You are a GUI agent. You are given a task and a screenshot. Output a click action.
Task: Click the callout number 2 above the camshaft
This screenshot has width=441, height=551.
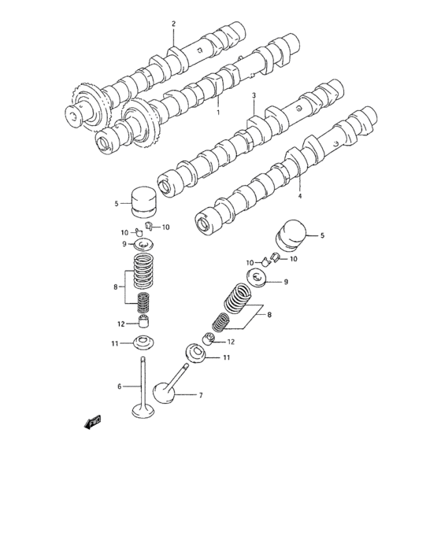click(x=174, y=24)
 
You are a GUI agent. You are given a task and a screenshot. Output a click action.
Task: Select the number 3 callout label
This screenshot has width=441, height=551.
click(x=254, y=96)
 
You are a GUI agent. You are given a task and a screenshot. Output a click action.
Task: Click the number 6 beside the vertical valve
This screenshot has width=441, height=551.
click(x=120, y=387)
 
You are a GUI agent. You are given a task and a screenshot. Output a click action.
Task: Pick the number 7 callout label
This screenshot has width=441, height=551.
click(x=200, y=394)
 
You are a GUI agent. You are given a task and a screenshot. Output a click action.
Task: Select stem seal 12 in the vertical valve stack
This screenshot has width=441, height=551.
click(x=143, y=322)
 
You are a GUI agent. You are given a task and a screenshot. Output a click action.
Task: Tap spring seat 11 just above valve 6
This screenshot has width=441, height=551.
click(x=143, y=344)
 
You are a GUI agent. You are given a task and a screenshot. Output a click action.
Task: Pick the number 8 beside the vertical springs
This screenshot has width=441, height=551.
click(x=116, y=287)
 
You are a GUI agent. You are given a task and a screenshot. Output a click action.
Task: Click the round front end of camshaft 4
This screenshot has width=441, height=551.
click(x=203, y=224)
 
